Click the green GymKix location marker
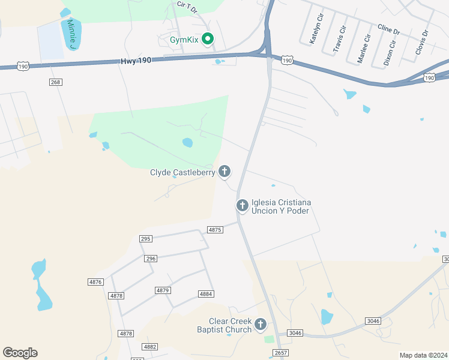click(x=208, y=40)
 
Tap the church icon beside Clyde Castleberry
click(x=224, y=172)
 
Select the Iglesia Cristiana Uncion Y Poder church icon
click(x=243, y=206)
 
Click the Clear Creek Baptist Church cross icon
click(x=261, y=325)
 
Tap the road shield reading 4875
click(x=215, y=230)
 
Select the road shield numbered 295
click(x=146, y=238)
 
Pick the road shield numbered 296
click(x=151, y=259)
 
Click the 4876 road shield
click(x=95, y=282)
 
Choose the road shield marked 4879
click(x=163, y=290)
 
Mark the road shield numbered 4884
click(x=206, y=293)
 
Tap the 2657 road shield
click(x=280, y=353)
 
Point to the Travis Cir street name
click(x=339, y=37)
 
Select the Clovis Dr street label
click(x=422, y=42)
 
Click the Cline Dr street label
click(x=388, y=28)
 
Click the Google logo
click(x=20, y=352)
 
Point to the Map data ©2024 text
click(x=423, y=355)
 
